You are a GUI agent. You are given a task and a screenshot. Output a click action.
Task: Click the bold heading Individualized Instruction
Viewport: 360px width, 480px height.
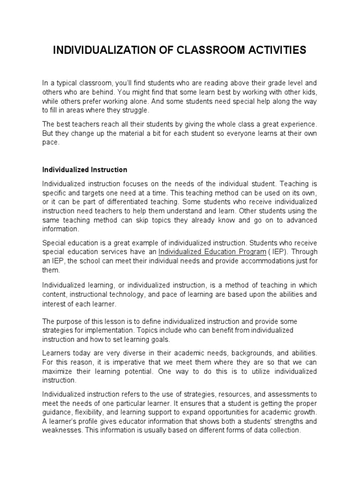(85, 170)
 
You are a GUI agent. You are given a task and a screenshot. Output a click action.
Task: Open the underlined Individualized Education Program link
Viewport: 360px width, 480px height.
(209, 251)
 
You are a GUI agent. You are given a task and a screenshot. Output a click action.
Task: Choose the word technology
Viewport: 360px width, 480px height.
(156, 294)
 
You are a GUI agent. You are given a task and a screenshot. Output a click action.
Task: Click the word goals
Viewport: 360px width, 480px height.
(160, 339)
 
